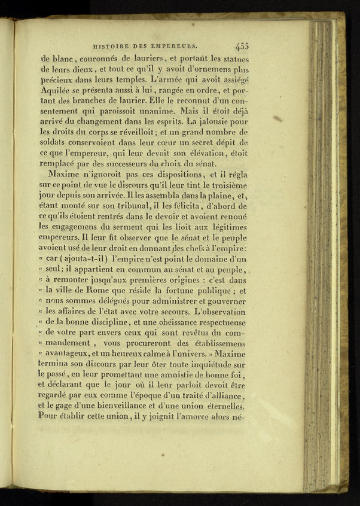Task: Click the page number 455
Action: point(242,44)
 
